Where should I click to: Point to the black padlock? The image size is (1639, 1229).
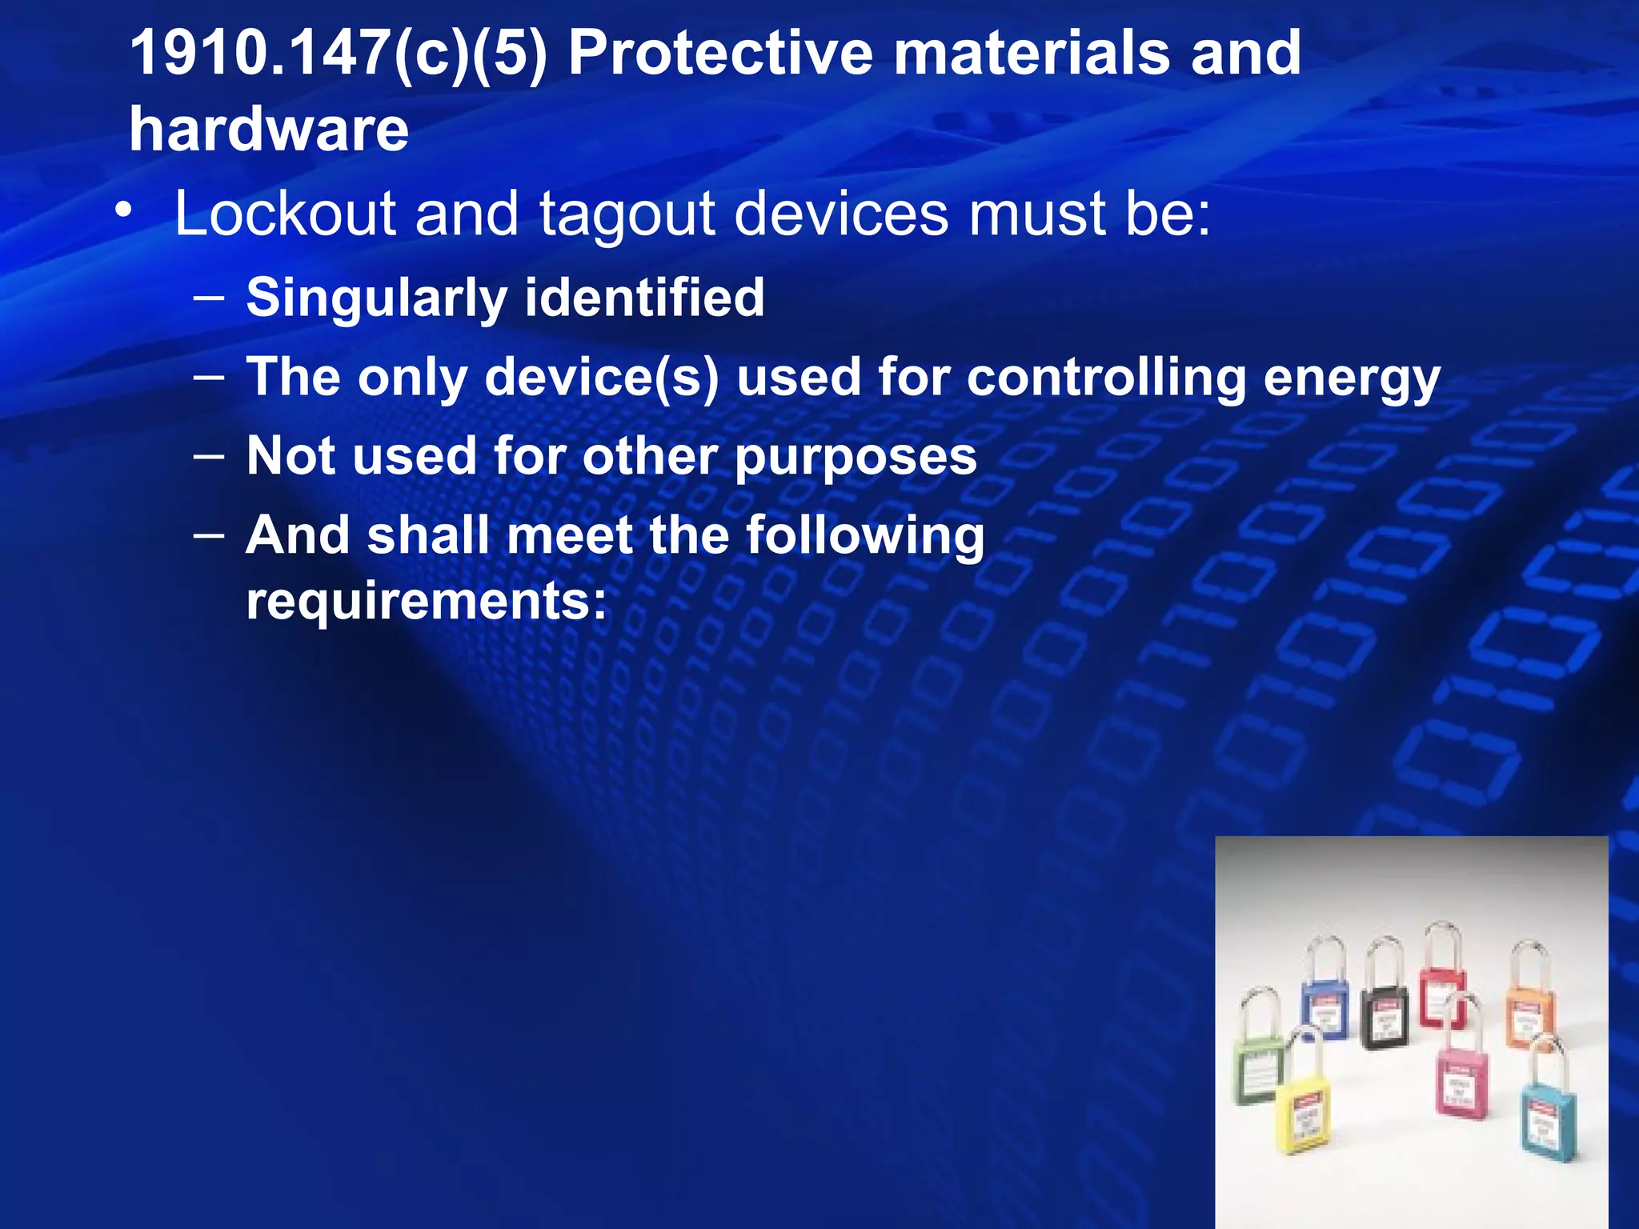1385,1016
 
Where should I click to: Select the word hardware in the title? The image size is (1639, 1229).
269,130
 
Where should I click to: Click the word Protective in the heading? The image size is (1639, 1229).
720,54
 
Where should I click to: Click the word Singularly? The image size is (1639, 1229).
376,298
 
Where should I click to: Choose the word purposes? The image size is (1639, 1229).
856,456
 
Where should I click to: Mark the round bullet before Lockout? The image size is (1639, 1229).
123,210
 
